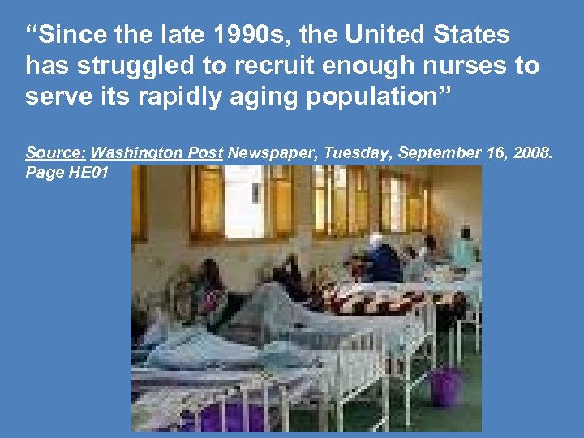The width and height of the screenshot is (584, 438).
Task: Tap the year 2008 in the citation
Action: pos(531,152)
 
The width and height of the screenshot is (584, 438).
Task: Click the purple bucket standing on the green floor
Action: pos(445,385)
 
